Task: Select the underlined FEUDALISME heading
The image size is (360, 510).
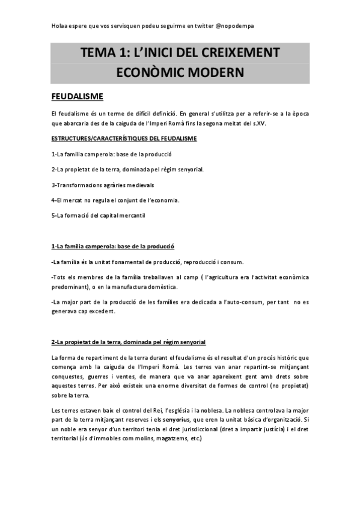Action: (77, 96)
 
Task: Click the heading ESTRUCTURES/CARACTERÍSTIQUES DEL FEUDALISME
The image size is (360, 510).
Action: (124, 139)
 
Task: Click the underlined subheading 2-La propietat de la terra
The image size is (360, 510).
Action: (129, 342)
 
